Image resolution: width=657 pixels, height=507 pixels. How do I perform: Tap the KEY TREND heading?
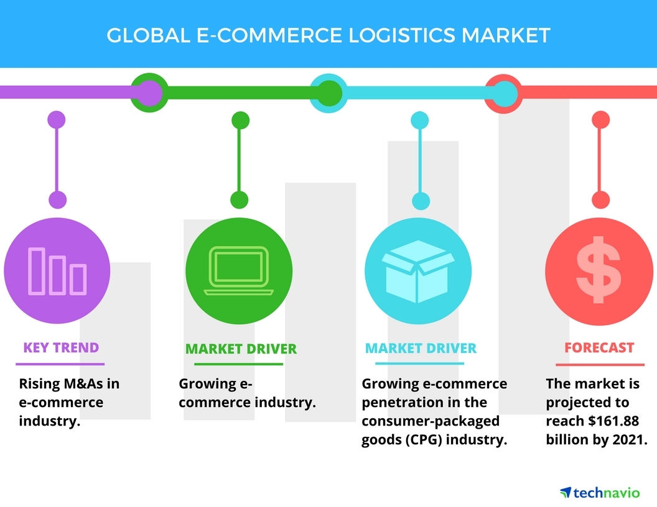tap(61, 347)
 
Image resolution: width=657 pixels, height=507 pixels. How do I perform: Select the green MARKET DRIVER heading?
tap(241, 349)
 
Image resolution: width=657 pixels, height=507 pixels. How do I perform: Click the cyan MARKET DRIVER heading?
tap(421, 348)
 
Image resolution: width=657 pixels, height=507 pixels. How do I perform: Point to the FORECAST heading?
tap(599, 348)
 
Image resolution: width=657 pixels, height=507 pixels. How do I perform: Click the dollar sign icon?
tap(598, 269)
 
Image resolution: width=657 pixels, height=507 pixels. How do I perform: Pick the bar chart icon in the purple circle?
tap(58, 270)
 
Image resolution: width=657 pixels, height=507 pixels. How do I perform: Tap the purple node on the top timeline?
tap(147, 93)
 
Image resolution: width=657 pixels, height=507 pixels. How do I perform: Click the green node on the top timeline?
tap(327, 93)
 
